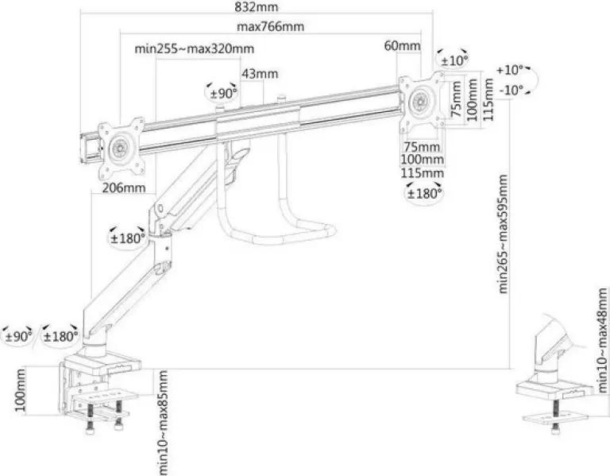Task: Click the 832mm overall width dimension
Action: (x=257, y=6)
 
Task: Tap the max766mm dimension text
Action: (x=270, y=27)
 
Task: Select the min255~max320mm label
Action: (x=195, y=49)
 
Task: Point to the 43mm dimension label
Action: (x=260, y=74)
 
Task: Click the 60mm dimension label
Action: (x=402, y=46)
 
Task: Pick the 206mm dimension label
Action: (x=124, y=188)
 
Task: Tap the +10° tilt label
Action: (x=510, y=70)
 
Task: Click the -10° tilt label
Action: (x=512, y=91)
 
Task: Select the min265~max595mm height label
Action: (x=503, y=234)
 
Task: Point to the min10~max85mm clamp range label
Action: (x=163, y=423)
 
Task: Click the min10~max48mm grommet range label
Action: (x=603, y=340)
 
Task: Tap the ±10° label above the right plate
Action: (x=454, y=60)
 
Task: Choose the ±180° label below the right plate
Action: (x=424, y=193)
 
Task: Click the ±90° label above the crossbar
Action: (x=223, y=94)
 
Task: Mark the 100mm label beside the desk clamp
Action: (x=20, y=390)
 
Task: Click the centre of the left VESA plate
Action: (x=121, y=149)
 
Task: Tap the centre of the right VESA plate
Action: (x=422, y=103)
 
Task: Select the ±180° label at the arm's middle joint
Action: (x=127, y=238)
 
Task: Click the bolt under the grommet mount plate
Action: (x=555, y=417)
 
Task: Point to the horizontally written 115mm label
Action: (x=423, y=172)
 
